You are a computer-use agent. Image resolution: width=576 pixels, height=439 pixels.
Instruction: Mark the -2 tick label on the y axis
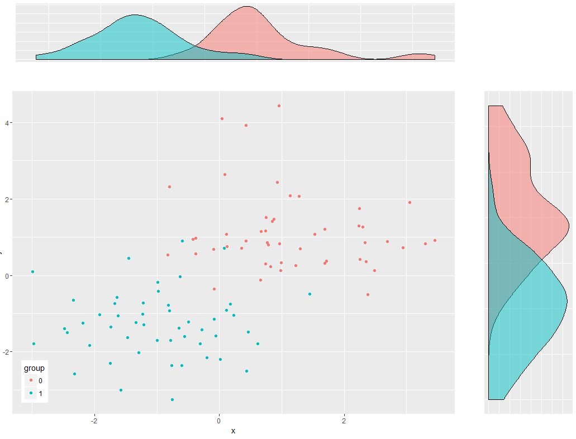4,352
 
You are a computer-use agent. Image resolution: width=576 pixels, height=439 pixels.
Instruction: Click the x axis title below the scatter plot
233,431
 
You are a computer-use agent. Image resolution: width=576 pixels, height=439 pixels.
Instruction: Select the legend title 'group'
34,369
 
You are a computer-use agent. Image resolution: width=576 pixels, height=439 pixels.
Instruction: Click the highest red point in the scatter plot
279,106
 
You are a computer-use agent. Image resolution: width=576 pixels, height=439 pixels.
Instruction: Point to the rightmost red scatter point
435,240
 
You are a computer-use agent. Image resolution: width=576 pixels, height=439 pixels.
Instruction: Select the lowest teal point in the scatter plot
172,399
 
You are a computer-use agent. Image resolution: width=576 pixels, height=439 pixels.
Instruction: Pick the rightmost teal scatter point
310,294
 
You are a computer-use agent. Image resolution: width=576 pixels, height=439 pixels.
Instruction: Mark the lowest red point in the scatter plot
368,294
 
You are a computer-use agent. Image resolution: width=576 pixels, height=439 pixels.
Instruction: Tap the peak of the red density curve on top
247,7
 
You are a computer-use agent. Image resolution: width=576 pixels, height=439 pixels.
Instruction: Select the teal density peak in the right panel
567,302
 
